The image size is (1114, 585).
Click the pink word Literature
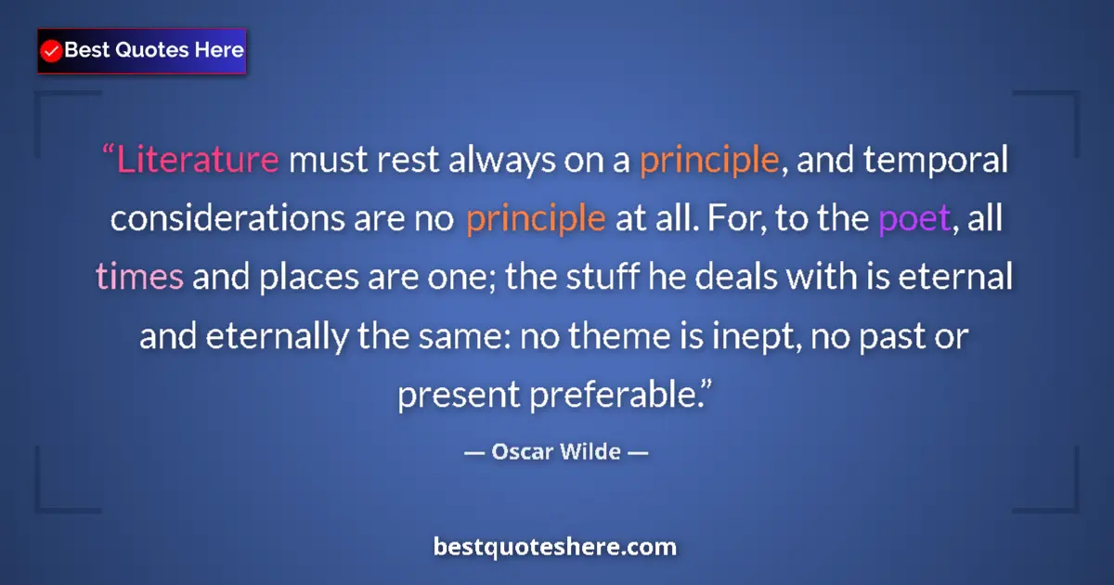tap(197, 161)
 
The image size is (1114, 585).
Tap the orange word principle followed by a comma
tap(708, 161)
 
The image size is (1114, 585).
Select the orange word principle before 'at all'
tap(536, 219)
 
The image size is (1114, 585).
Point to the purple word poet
tap(914, 219)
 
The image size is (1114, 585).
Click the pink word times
tap(139, 278)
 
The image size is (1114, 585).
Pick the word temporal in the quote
tap(939, 161)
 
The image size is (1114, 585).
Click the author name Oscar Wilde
tap(556, 453)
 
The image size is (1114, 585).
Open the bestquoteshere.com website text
tap(555, 546)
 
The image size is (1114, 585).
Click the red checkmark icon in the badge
tap(52, 51)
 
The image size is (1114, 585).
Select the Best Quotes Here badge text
tap(154, 50)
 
